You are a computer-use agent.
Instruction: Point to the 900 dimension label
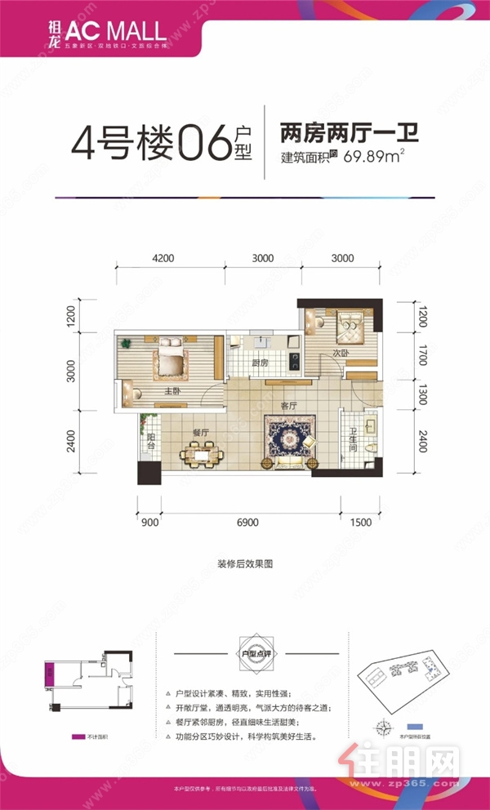click(151, 522)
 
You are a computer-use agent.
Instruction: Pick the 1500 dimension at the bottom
click(360, 522)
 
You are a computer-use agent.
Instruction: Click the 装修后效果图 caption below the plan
click(244, 563)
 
